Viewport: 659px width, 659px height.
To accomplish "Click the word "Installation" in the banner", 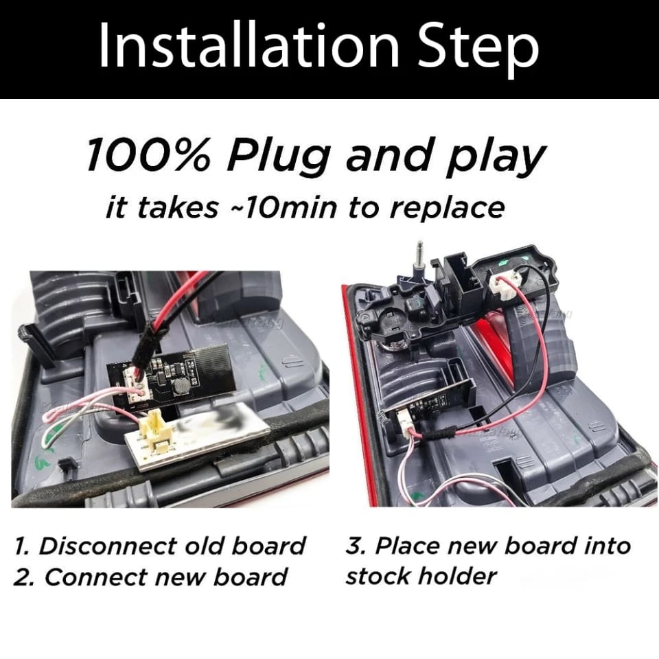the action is click(x=248, y=46).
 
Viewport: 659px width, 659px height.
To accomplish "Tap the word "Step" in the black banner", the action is click(x=478, y=49).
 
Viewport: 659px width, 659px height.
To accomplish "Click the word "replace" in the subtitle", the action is click(x=447, y=209).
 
